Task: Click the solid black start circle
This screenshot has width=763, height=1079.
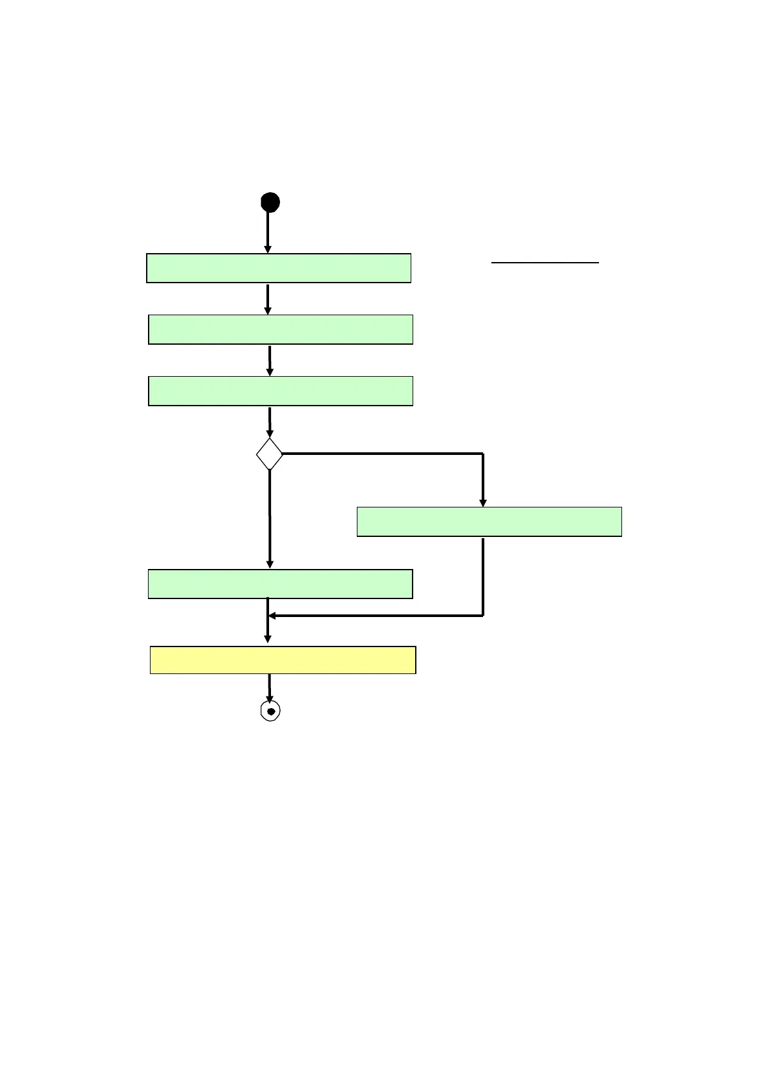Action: click(270, 202)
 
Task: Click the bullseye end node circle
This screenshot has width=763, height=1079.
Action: click(270, 711)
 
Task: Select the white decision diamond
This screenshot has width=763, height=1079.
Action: click(270, 454)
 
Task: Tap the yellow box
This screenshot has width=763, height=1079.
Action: click(283, 660)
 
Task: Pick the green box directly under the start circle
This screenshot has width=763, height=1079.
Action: click(278, 268)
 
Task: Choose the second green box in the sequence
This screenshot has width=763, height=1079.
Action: click(280, 329)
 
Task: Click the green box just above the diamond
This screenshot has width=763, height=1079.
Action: click(280, 391)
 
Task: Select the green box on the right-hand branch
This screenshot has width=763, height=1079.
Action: click(489, 522)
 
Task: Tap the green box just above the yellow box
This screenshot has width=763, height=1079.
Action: click(280, 584)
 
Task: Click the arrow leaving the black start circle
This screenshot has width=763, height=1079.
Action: click(268, 232)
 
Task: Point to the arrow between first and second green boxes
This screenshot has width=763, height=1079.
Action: click(268, 299)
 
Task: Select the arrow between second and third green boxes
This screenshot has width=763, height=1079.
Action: click(270, 361)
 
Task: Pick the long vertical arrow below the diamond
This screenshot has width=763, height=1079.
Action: click(270, 519)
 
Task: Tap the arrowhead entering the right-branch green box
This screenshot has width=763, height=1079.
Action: click(483, 502)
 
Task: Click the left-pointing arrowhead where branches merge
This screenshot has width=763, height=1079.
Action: click(272, 616)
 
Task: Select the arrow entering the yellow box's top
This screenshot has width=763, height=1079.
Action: click(268, 631)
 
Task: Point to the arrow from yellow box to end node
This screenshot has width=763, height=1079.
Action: click(270, 688)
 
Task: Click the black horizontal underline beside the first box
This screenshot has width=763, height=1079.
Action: click(545, 262)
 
